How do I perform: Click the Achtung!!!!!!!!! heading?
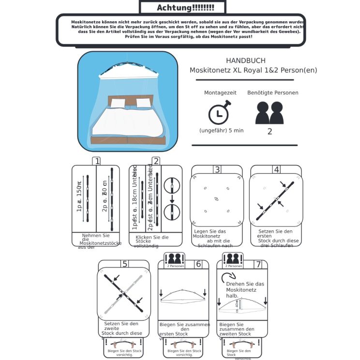click(x=183, y=7)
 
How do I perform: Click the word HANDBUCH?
click(x=245, y=60)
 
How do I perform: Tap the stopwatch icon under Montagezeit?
click(x=219, y=113)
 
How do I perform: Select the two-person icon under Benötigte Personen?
click(x=270, y=113)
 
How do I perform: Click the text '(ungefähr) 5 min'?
click(x=221, y=131)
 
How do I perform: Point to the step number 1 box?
click(x=97, y=162)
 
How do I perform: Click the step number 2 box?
click(x=156, y=162)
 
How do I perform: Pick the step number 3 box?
click(x=217, y=169)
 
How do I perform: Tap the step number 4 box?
click(x=276, y=169)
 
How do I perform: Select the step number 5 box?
click(x=125, y=264)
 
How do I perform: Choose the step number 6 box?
click(x=198, y=264)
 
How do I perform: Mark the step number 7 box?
click(x=258, y=264)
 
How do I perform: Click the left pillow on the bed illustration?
click(x=118, y=103)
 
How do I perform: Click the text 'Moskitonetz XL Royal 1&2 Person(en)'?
click(x=253, y=71)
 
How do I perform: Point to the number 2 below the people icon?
click(x=270, y=131)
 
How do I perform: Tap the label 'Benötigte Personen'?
click(x=272, y=92)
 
